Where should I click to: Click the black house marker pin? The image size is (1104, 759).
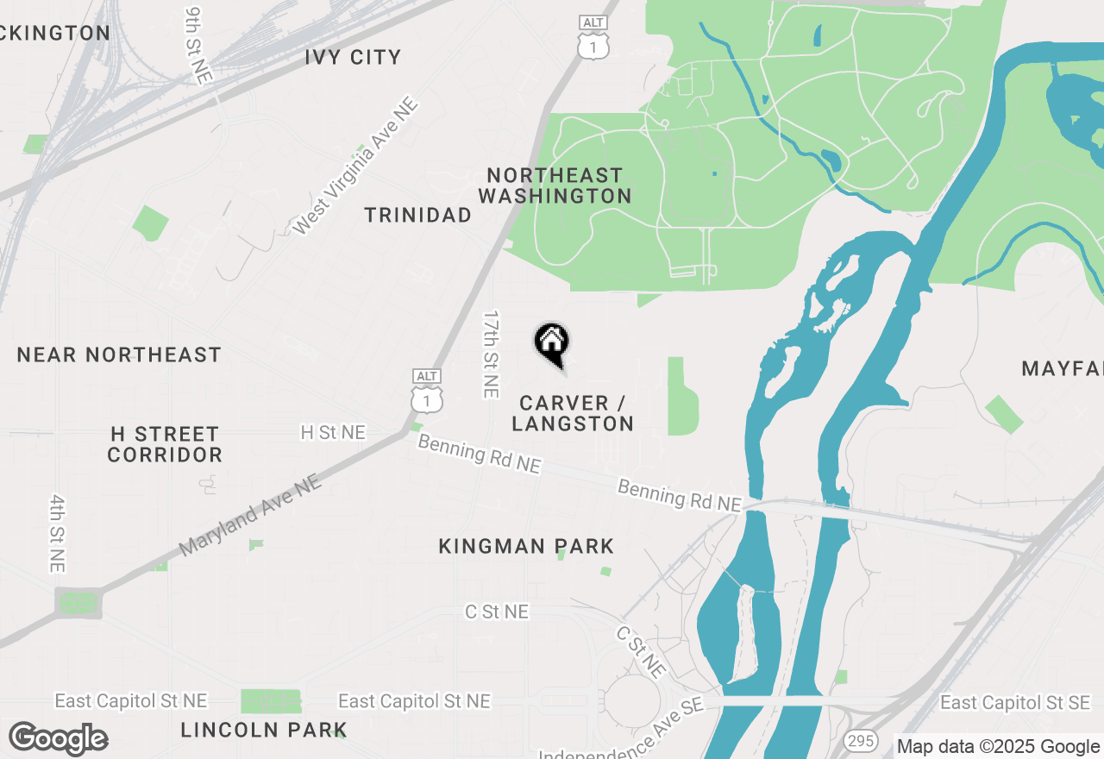[551, 342]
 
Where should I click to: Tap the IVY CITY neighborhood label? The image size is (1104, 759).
[353, 58]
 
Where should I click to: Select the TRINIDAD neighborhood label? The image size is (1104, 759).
[417, 215]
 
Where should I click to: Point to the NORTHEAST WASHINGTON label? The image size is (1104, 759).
[555, 185]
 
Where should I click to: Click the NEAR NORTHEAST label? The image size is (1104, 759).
[119, 354]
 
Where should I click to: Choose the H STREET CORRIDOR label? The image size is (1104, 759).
[165, 443]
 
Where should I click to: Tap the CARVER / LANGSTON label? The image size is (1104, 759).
[574, 413]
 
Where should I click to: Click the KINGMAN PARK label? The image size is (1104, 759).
[526, 546]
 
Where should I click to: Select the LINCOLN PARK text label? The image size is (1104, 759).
[264, 730]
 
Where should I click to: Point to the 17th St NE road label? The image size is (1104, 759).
[491, 354]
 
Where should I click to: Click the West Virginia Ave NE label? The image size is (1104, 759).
[354, 166]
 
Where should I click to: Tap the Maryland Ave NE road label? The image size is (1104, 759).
[250, 516]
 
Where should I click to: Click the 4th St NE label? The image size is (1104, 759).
[57, 533]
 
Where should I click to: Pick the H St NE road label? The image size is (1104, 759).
[333, 432]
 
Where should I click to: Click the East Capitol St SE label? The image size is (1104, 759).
[1015, 703]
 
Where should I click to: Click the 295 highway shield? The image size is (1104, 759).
[862, 740]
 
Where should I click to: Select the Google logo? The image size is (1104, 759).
[59, 739]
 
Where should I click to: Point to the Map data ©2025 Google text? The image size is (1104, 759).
[998, 747]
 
